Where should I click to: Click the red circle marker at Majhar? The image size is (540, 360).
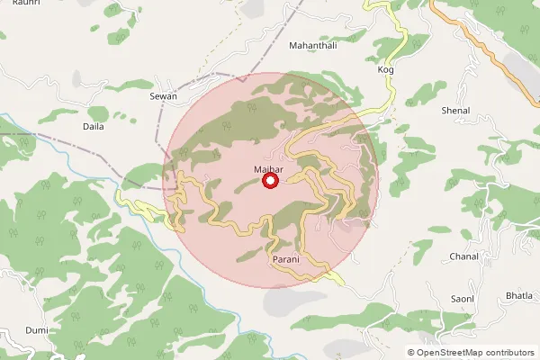(270, 182)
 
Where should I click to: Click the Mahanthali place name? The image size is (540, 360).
(312, 44)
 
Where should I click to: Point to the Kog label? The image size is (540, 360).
(386, 69)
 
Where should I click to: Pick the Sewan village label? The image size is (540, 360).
(163, 95)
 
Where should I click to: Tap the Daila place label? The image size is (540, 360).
(93, 127)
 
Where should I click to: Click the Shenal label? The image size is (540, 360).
(456, 111)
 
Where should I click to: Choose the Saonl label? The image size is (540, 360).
(463, 298)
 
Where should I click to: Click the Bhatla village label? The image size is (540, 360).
(519, 295)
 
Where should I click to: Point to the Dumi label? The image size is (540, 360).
(36, 330)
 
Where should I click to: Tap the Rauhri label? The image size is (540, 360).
(14, 4)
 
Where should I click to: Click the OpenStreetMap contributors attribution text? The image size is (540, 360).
(476, 353)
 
